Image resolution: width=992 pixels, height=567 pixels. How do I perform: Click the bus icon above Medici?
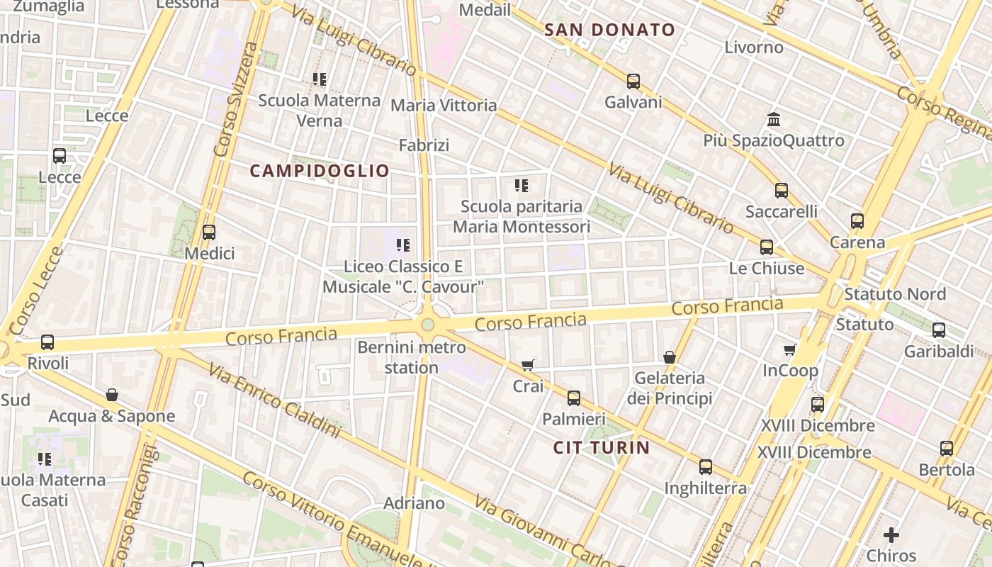click(x=208, y=232)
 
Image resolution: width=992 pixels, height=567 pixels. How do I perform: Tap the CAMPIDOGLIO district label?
click(x=320, y=171)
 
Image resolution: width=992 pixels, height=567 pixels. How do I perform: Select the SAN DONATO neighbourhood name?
click(x=610, y=30)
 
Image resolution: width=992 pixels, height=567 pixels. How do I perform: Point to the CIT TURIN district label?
click(x=602, y=447)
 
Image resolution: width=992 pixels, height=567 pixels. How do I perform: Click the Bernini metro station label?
click(x=412, y=357)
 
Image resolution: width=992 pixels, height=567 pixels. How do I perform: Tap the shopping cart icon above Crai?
click(x=527, y=365)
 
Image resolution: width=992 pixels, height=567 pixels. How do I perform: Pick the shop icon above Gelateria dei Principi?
click(x=670, y=357)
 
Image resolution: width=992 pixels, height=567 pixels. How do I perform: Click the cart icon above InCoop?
click(x=790, y=349)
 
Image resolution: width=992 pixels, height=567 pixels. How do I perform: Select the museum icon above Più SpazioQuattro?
click(x=774, y=119)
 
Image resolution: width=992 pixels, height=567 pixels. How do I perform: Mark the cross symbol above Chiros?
click(x=891, y=534)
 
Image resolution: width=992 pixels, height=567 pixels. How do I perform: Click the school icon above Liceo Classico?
click(x=403, y=245)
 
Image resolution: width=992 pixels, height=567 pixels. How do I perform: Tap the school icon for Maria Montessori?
click(x=522, y=186)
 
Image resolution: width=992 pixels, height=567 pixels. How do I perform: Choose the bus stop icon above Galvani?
click(x=633, y=82)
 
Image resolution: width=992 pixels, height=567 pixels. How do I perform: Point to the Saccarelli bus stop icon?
click(x=782, y=190)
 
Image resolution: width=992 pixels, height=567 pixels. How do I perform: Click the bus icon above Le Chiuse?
click(x=767, y=247)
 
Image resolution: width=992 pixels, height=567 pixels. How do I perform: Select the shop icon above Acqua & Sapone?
click(x=112, y=395)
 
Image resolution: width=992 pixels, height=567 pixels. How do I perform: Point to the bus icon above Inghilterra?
click(x=706, y=467)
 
